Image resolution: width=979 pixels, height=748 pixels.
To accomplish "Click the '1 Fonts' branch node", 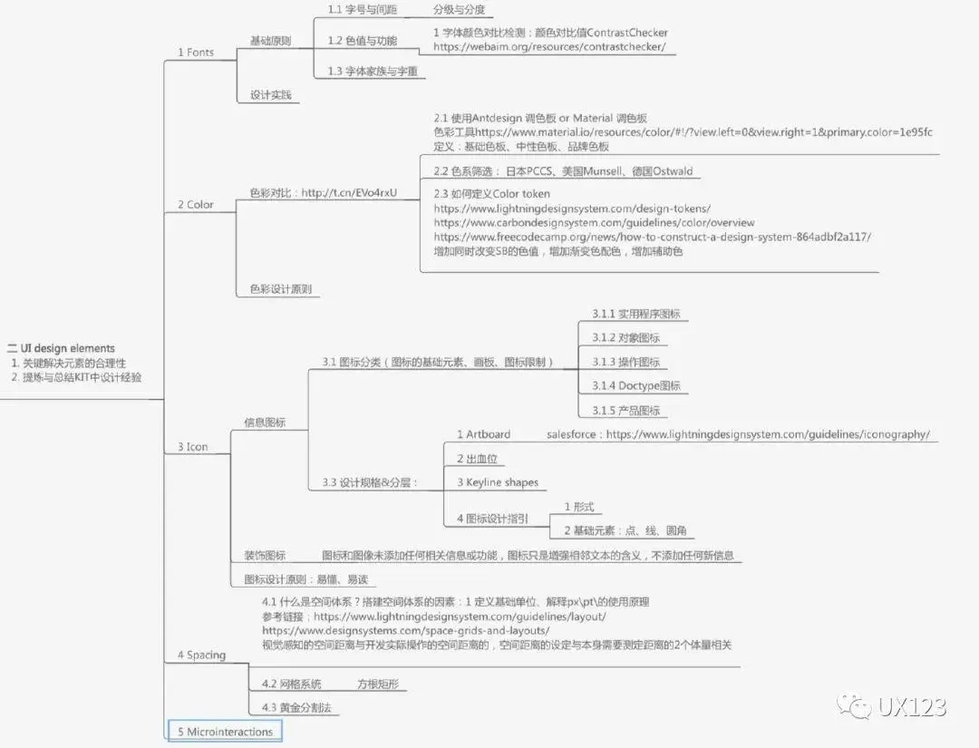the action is (196, 53).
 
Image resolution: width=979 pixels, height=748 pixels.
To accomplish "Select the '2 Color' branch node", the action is (196, 205).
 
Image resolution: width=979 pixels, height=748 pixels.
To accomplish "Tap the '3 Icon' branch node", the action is (193, 447).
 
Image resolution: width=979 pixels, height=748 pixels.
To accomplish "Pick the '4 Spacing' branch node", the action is (201, 655).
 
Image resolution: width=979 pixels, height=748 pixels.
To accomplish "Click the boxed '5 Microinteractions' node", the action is (225, 732).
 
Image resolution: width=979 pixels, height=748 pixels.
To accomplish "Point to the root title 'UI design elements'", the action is (68, 348).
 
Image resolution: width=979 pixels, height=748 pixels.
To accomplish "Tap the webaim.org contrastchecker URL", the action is (549, 46).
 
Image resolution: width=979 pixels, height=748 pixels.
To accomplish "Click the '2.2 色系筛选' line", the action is (563, 171).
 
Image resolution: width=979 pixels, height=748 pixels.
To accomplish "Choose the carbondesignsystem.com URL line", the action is (594, 223).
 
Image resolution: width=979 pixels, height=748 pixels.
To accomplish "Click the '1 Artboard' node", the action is (483, 434).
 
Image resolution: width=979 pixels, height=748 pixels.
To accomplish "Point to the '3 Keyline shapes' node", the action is (497, 482).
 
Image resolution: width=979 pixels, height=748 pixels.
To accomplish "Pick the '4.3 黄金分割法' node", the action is (295, 707).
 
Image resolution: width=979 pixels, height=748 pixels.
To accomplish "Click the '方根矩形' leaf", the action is (378, 684).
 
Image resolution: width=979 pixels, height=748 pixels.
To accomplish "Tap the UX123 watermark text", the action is (911, 706).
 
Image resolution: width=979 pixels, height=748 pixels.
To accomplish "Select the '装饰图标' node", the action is (265, 556).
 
